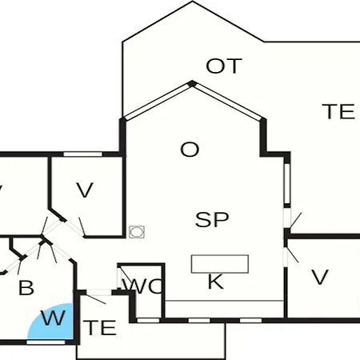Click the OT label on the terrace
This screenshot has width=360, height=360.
pyautogui.click(x=224, y=66)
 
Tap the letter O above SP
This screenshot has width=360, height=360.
pyautogui.click(x=190, y=150)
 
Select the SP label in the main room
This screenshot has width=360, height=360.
pyautogui.click(x=212, y=219)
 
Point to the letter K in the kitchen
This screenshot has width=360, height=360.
pyautogui.click(x=215, y=282)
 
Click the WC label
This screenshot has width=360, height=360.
pyautogui.click(x=142, y=286)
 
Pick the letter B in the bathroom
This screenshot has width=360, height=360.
pyautogui.click(x=26, y=288)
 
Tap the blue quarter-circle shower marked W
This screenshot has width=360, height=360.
pyautogui.click(x=50, y=322)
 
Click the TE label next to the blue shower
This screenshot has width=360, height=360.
pyautogui.click(x=100, y=328)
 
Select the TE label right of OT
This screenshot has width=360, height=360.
pyautogui.click(x=338, y=111)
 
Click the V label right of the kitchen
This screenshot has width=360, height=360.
pyautogui.click(x=320, y=278)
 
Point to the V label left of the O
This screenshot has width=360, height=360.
pyautogui.click(x=85, y=190)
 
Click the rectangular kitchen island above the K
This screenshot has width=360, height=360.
pyautogui.click(x=220, y=264)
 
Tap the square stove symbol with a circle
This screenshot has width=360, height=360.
pyautogui.click(x=137, y=232)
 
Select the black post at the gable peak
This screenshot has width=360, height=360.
pyautogui.click(x=192, y=84)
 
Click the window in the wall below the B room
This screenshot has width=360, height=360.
pyautogui.click(x=46, y=342)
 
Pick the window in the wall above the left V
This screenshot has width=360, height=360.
pyautogui.click(x=83, y=154)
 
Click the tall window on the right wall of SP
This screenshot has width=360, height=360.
pyautogui.click(x=287, y=183)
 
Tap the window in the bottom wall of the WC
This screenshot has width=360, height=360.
pyautogui.click(x=148, y=320)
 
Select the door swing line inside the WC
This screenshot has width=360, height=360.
pyautogui.click(x=126, y=275)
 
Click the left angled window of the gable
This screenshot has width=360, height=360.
pyautogui.click(x=158, y=102)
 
